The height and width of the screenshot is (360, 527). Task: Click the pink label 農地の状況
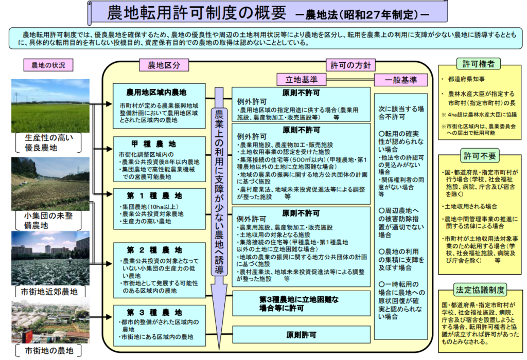pyautogui.click(x=48, y=65)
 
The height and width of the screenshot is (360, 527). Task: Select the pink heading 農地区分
pyautogui.click(x=164, y=65)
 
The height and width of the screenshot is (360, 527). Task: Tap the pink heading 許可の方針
pyautogui.click(x=350, y=65)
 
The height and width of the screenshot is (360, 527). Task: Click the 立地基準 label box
pyautogui.click(x=302, y=80)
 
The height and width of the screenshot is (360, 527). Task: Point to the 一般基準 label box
pyautogui.click(x=401, y=80)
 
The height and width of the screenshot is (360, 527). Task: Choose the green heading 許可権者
pyautogui.click(x=479, y=63)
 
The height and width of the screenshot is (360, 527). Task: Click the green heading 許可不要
pyautogui.click(x=480, y=156)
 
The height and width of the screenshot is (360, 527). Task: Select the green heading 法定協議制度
pyautogui.click(x=480, y=290)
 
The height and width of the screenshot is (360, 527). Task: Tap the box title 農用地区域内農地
pyautogui.click(x=156, y=93)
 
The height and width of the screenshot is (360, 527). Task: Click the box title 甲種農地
pyautogui.click(x=153, y=144)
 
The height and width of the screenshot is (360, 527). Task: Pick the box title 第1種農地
pyautogui.click(x=154, y=196)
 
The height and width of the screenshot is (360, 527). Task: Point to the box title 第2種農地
pyautogui.click(x=154, y=250)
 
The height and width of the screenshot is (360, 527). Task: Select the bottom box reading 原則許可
pyautogui.click(x=301, y=335)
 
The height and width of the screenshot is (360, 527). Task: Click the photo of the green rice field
pyautogui.click(x=50, y=106)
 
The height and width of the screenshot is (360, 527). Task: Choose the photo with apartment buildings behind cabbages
pyautogui.click(x=50, y=258)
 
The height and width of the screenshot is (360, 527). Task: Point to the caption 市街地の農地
pyautogui.click(x=49, y=351)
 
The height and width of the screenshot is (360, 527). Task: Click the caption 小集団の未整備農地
pyautogui.click(x=48, y=220)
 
